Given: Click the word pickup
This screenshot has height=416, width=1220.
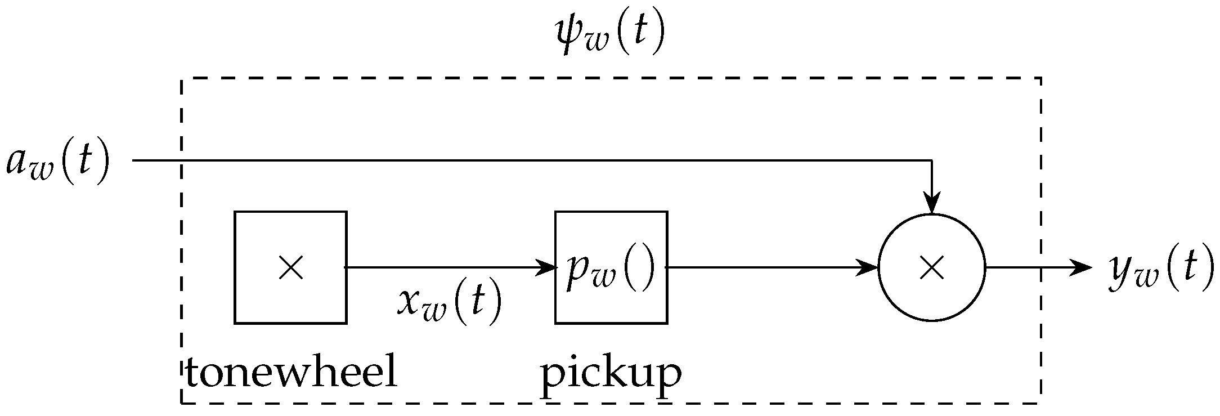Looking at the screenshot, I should tap(611, 374).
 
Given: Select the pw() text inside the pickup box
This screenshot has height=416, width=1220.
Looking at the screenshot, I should tap(611, 269).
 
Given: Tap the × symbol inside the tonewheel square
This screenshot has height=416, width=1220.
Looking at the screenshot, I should tap(291, 267).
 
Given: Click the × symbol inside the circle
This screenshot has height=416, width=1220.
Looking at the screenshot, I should tap(931, 267).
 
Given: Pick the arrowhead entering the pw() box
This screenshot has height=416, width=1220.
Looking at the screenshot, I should tap(547, 267).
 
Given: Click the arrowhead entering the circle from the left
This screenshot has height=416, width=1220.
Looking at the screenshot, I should tap(869, 267).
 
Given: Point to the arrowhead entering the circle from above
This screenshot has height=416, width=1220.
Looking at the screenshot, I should tap(932, 205).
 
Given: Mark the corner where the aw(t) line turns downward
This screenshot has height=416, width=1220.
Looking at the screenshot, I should tap(932, 161).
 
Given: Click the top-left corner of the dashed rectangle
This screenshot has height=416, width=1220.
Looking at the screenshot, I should tap(182, 79).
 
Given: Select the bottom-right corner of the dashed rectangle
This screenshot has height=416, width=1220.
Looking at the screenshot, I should tap(1040, 403).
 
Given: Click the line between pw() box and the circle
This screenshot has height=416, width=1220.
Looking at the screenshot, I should tap(771, 267).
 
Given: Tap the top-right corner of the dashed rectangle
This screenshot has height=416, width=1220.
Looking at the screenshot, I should tap(1040, 79).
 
